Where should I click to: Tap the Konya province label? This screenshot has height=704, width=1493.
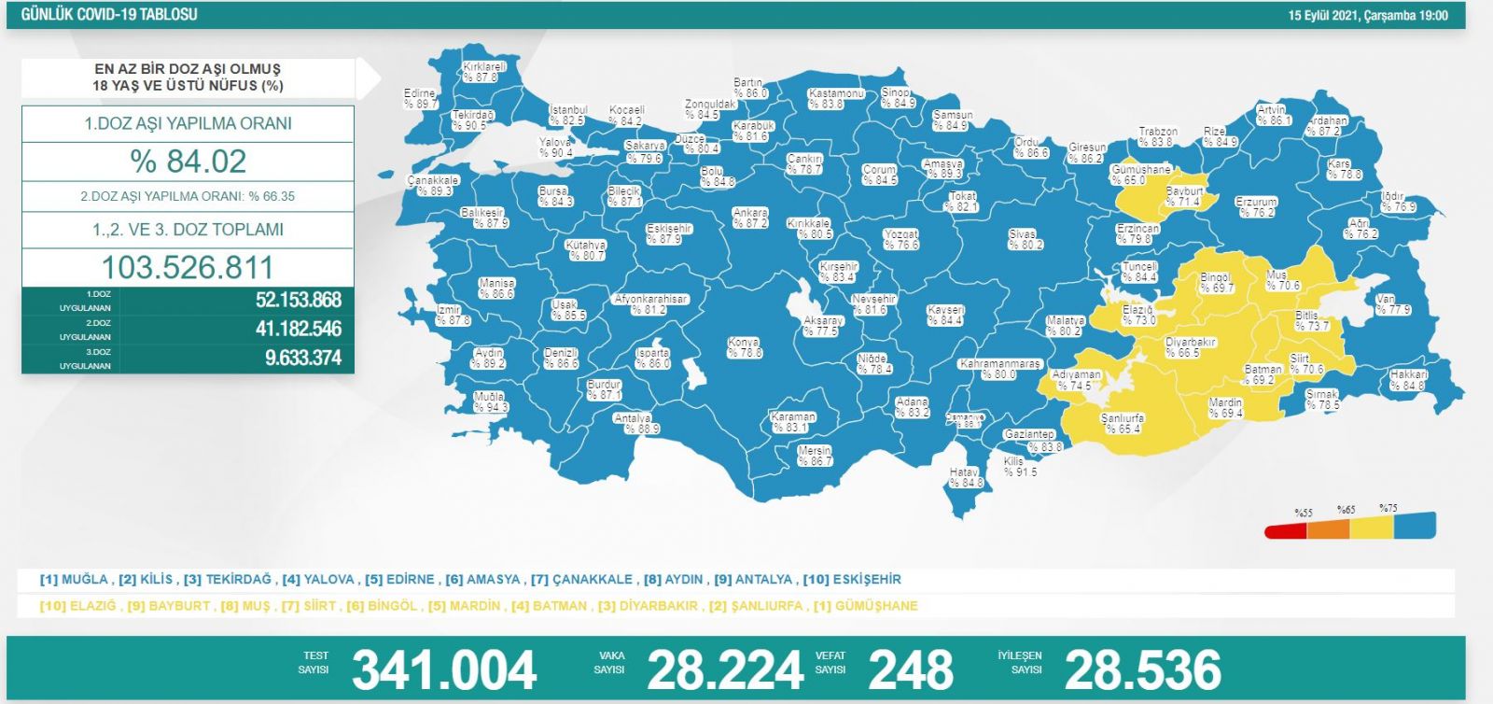(x=744, y=347)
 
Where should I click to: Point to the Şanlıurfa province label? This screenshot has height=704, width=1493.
(x=1122, y=423)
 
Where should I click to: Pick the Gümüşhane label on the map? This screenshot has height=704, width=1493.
(x=1140, y=175)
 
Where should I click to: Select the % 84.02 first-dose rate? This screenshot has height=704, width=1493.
(x=188, y=162)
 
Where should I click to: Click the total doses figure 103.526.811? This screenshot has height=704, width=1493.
(x=188, y=268)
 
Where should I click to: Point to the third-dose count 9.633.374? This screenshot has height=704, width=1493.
(x=302, y=358)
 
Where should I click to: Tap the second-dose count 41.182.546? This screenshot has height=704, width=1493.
(x=299, y=329)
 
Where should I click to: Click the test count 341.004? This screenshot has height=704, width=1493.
(x=444, y=669)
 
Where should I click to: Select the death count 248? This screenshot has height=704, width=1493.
(x=911, y=669)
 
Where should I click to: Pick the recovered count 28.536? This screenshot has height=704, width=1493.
(x=1142, y=669)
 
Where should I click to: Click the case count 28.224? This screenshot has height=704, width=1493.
(x=725, y=669)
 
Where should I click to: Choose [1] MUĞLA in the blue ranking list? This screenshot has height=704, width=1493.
(x=74, y=579)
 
